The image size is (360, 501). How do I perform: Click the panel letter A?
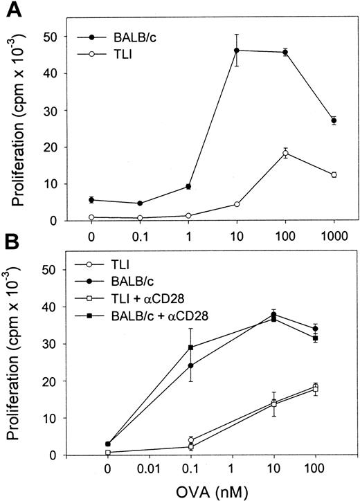[x=12, y=10]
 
